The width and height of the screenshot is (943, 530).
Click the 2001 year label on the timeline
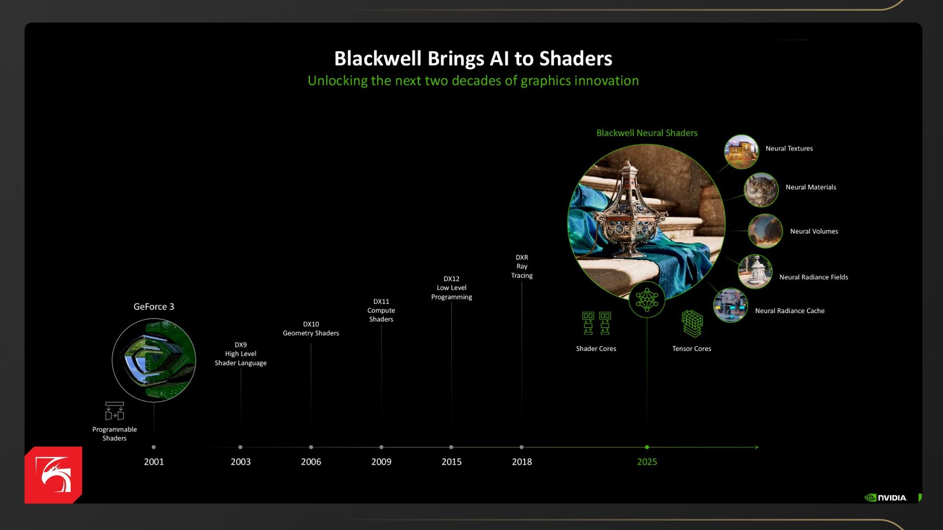pyautogui.click(x=154, y=462)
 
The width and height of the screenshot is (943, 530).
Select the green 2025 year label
pyautogui.click(x=647, y=462)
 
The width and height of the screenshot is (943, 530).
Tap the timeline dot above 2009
pyautogui.click(x=381, y=447)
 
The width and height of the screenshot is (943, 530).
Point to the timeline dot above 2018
pyautogui.click(x=522, y=447)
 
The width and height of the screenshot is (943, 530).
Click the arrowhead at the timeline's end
pyautogui.click(x=757, y=447)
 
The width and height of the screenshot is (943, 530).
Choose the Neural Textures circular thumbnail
pyautogui.click(x=741, y=152)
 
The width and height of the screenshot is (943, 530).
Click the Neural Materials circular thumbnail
pyautogui.click(x=761, y=190)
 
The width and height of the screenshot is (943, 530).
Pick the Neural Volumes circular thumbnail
pyautogui.click(x=765, y=231)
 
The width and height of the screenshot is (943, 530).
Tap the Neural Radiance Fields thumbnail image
pyautogui.click(x=755, y=271)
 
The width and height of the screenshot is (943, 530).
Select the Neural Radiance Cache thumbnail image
pyautogui.click(x=730, y=305)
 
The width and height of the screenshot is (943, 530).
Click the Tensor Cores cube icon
pyautogui.click(x=692, y=324)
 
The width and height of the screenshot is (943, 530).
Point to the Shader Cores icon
pyautogui.click(x=596, y=323)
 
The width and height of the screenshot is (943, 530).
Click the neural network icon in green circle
pyautogui.click(x=647, y=299)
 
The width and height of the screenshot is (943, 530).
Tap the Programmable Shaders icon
pyautogui.click(x=114, y=411)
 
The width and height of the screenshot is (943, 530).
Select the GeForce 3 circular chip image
pyautogui.click(x=154, y=360)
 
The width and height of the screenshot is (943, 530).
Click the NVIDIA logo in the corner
pyautogui.click(x=886, y=498)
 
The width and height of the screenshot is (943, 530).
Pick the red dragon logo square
pyautogui.click(x=54, y=475)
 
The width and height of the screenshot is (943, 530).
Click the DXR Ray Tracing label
pyautogui.click(x=522, y=266)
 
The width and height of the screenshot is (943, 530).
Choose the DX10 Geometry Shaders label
pyautogui.click(x=311, y=329)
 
